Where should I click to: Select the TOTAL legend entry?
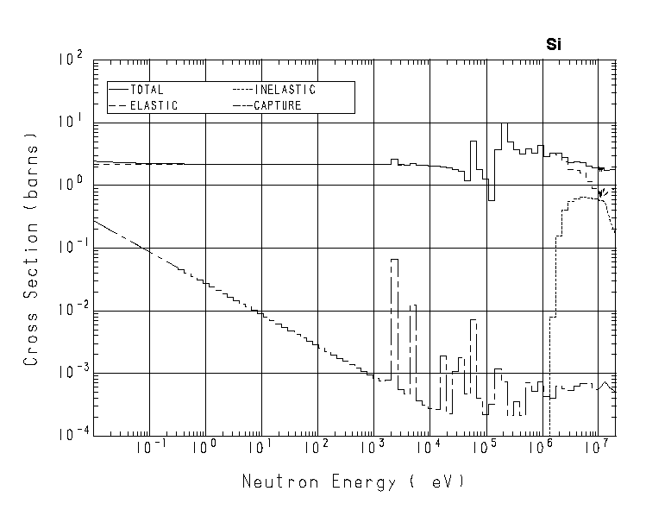coord(146,90)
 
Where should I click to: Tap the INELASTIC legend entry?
coord(285,90)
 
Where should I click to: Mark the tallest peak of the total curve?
coord(505,124)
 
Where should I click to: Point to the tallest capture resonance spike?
coord(394,260)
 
